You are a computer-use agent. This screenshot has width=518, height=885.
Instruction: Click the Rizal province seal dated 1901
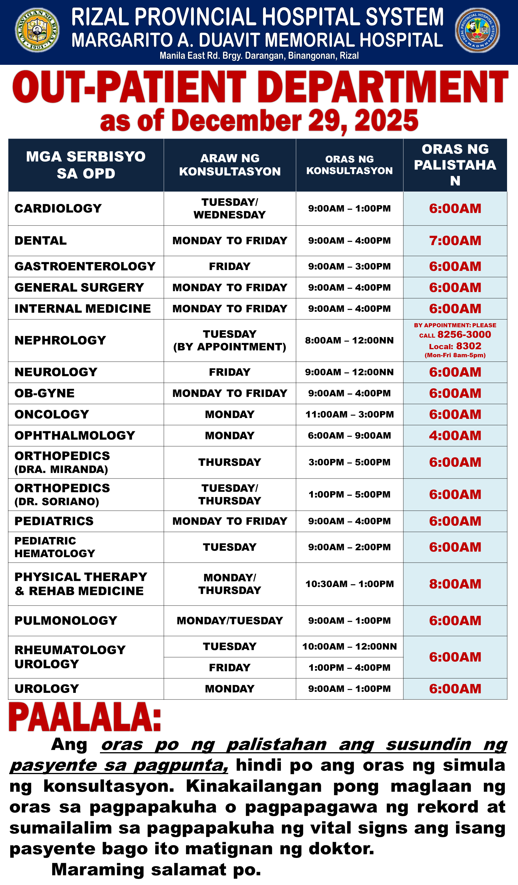37,30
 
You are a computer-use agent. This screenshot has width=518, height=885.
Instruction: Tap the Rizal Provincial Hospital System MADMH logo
477,31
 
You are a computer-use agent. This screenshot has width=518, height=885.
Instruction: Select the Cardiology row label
58,208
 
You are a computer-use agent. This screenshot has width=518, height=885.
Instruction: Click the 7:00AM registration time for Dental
455,241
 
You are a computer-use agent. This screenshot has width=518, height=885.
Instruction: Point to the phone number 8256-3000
464,334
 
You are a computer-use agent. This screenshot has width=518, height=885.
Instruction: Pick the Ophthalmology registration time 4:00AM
455,436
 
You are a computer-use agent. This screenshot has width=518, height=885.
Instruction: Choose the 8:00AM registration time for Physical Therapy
455,584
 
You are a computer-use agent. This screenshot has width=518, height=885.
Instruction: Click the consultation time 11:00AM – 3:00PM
349,414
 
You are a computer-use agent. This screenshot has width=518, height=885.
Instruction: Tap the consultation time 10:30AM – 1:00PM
349,584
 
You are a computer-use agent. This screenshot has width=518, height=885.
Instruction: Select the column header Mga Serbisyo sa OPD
86,165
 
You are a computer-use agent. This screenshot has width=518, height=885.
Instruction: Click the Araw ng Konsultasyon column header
230,165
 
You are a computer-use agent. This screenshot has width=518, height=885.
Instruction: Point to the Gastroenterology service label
85,266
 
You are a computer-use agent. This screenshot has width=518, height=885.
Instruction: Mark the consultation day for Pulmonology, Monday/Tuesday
230,621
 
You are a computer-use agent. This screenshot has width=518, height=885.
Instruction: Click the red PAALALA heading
85,717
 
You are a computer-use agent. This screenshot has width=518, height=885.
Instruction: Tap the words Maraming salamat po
156,869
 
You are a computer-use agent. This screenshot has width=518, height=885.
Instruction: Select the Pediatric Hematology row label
55,547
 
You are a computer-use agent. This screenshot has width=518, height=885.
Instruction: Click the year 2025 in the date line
386,120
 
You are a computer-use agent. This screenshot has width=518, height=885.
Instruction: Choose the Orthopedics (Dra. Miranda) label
62,462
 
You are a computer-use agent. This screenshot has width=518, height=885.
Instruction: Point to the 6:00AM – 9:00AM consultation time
349,436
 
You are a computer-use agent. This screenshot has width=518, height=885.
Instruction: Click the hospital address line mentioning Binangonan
259,56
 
